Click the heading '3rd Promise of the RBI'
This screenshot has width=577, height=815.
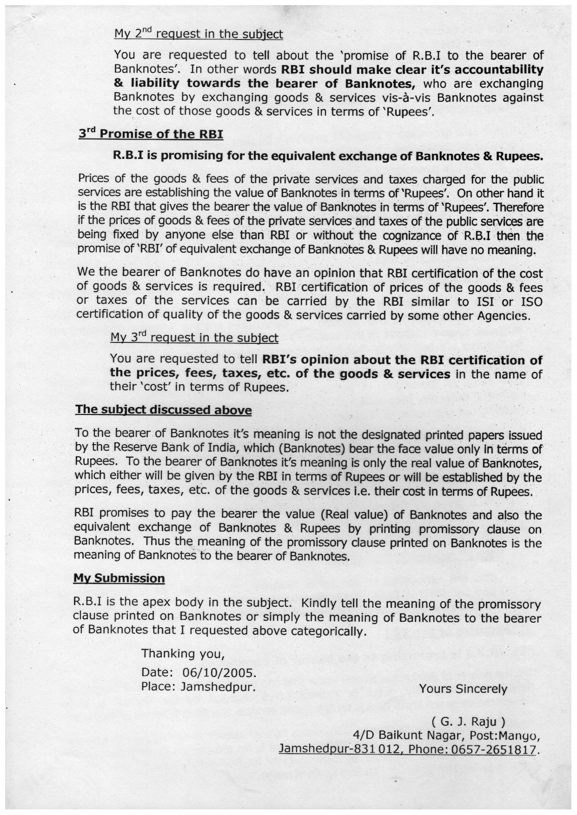(x=151, y=134)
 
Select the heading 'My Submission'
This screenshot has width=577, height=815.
(x=119, y=578)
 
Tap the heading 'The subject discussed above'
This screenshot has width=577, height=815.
(x=163, y=410)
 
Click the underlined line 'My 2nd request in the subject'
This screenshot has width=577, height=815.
(x=198, y=34)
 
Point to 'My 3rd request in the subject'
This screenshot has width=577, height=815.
(x=194, y=337)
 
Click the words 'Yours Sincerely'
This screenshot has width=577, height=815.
(x=463, y=689)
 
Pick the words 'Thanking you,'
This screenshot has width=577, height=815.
(x=183, y=654)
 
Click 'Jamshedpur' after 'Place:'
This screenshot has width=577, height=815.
(x=218, y=687)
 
